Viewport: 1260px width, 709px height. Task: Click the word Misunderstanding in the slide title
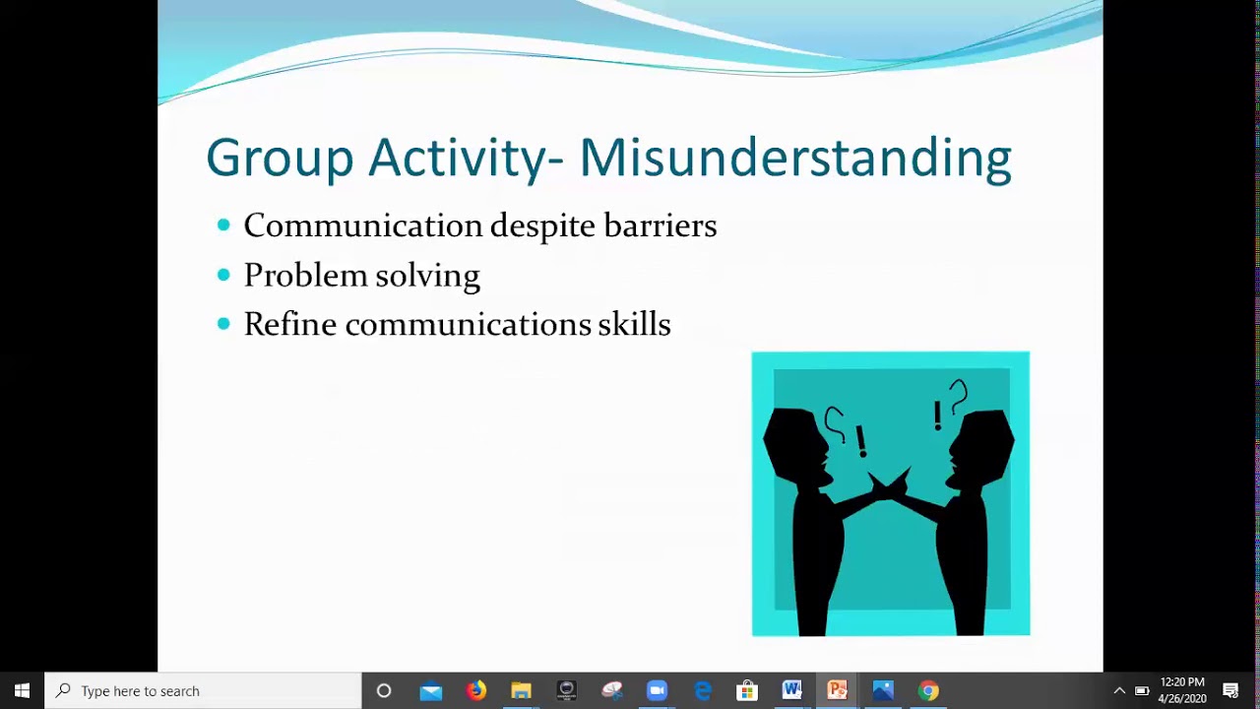click(794, 158)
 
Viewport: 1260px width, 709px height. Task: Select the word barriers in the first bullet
click(660, 226)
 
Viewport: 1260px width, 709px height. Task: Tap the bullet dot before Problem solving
click(223, 275)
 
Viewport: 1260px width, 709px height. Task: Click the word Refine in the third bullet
click(289, 324)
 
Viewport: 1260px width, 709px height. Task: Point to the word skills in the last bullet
click(634, 324)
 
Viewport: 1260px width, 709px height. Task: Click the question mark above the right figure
click(959, 395)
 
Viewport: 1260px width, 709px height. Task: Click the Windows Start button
click(22, 690)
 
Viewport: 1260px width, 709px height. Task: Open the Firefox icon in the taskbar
click(476, 690)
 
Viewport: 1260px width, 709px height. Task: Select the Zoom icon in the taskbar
click(657, 690)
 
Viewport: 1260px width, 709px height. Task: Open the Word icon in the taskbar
click(792, 690)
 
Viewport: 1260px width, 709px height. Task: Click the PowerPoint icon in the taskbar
click(838, 690)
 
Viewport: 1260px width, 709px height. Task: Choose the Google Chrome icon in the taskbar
click(928, 690)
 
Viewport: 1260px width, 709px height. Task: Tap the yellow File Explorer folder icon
click(521, 690)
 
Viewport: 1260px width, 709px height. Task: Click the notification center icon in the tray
click(1230, 690)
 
